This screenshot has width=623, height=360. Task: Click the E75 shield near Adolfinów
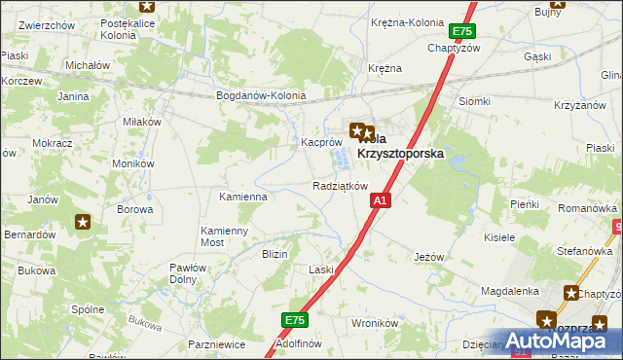(295, 319)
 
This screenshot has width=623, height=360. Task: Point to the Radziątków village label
(340, 186)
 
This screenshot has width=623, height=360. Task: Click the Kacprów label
(318, 142)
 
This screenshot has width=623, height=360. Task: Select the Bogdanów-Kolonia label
(261, 96)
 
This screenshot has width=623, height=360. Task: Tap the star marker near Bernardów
(83, 222)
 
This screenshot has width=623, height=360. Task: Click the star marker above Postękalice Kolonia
(146, 5)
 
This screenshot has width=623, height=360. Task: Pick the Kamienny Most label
(225, 236)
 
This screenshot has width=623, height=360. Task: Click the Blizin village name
(274, 254)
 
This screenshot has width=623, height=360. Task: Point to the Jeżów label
(428, 257)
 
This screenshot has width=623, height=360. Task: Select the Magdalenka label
(510, 291)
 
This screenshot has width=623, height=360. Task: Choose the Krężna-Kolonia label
(407, 22)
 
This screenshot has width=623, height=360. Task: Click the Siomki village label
(474, 101)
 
